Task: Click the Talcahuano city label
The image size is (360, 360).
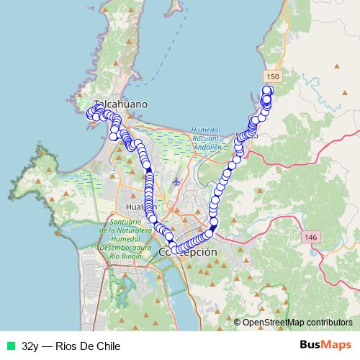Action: pyautogui.click(x=121, y=104)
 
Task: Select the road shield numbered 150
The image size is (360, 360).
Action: pyautogui.click(x=271, y=76)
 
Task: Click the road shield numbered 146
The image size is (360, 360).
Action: pyautogui.click(x=310, y=237)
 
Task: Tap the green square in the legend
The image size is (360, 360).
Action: pyautogui.click(x=10, y=346)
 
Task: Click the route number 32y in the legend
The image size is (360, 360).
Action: pyautogui.click(x=30, y=346)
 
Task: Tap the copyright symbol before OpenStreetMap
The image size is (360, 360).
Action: pyautogui.click(x=238, y=323)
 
